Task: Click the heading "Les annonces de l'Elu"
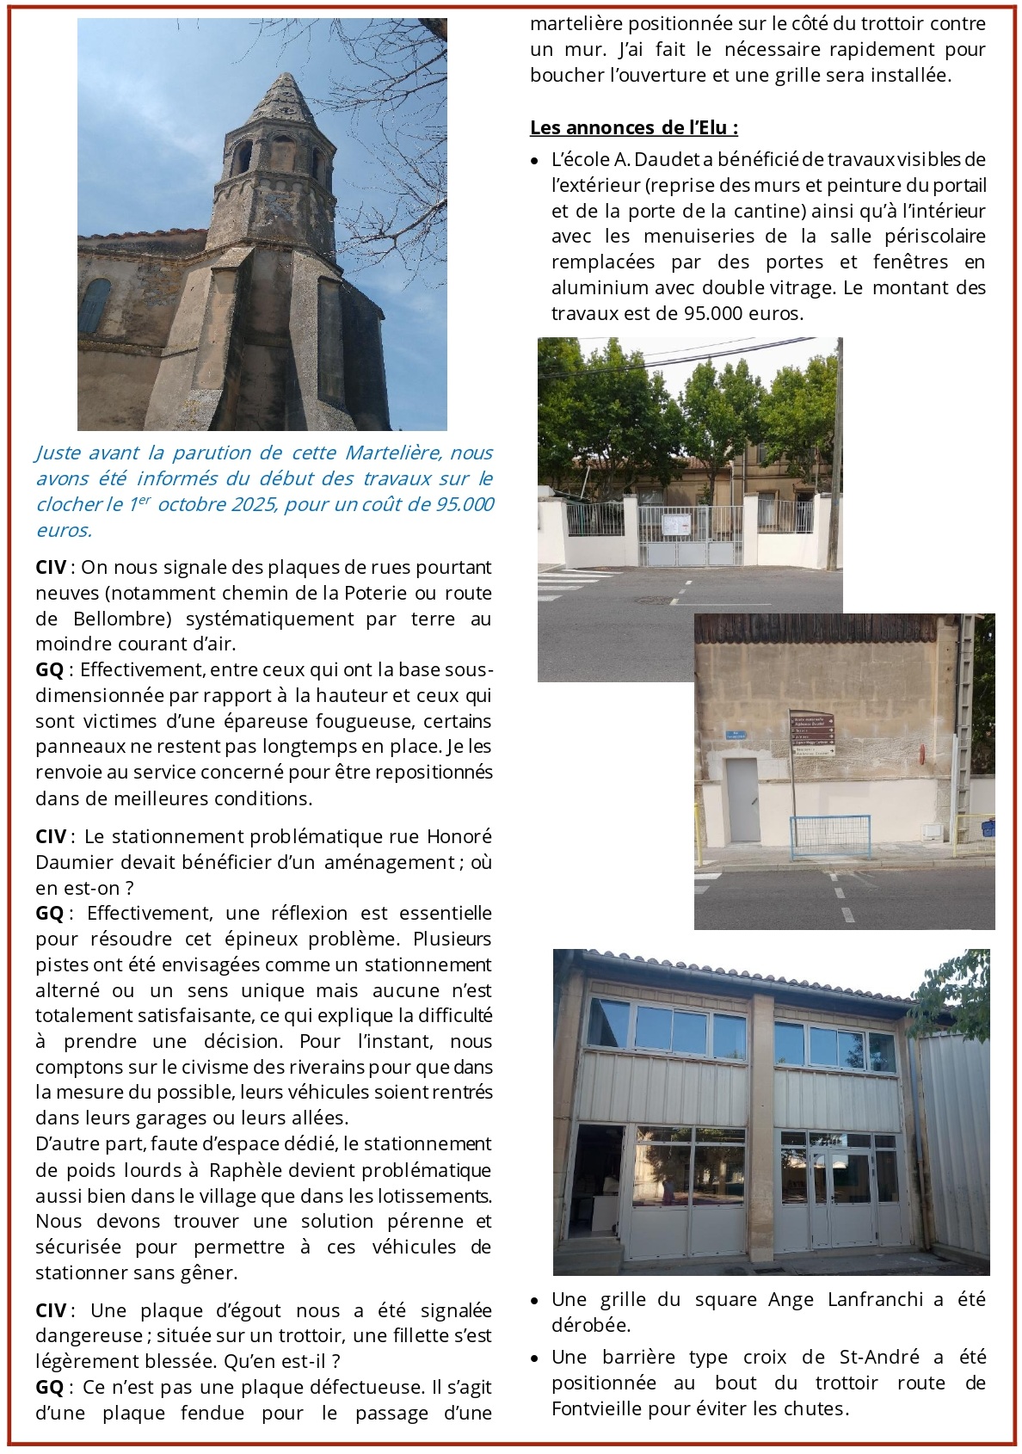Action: coord(633,128)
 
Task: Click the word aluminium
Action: coord(600,287)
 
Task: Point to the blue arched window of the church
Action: coord(95,305)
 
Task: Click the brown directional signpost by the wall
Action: coord(812,733)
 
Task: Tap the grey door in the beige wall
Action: coord(742,799)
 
